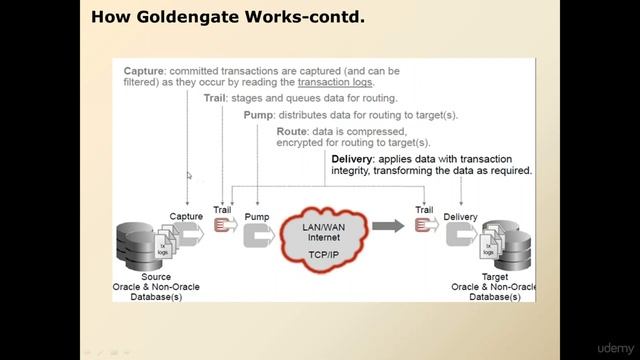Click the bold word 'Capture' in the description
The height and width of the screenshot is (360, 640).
tap(144, 71)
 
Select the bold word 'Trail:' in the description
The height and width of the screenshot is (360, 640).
tap(215, 99)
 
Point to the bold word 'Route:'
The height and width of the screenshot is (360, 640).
tap(292, 131)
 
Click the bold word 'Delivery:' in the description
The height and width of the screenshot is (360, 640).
tap(364, 159)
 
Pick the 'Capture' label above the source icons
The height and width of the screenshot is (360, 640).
tap(186, 216)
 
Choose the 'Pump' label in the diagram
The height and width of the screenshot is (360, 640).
tap(257, 216)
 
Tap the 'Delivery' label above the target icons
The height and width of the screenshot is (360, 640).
tap(460, 216)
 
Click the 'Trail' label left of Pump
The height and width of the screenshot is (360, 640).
tap(222, 211)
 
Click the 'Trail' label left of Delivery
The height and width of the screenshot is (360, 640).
tap(424, 210)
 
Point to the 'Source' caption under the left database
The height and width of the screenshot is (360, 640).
tap(156, 277)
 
